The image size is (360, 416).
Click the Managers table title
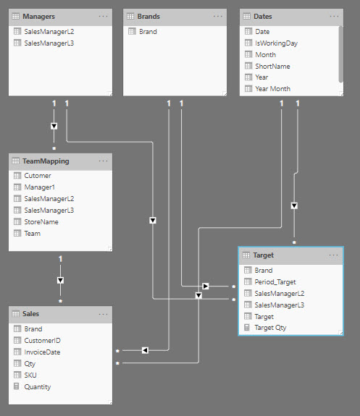(38, 17)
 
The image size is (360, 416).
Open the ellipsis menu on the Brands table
(218, 17)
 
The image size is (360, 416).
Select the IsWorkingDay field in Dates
(276, 43)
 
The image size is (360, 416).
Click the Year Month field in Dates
(272, 89)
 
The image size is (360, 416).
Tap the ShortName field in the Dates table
(272, 67)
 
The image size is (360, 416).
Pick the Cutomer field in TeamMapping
(38, 176)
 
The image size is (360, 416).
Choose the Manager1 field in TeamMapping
(39, 187)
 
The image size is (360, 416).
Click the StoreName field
(41, 222)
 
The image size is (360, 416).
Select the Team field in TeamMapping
(33, 234)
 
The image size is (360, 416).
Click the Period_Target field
(275, 282)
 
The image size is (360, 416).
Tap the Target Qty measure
(270, 328)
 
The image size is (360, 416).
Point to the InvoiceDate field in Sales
(42, 352)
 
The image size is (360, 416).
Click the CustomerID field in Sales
(42, 341)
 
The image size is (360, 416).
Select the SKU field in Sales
(30, 375)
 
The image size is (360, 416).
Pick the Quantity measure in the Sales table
(38, 387)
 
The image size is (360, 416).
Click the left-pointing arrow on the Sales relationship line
(145, 350)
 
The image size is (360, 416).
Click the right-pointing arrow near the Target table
(206, 286)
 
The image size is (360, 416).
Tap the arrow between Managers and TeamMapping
(54, 126)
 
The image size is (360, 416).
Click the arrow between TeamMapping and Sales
(60, 281)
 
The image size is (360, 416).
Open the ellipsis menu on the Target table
(333, 255)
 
